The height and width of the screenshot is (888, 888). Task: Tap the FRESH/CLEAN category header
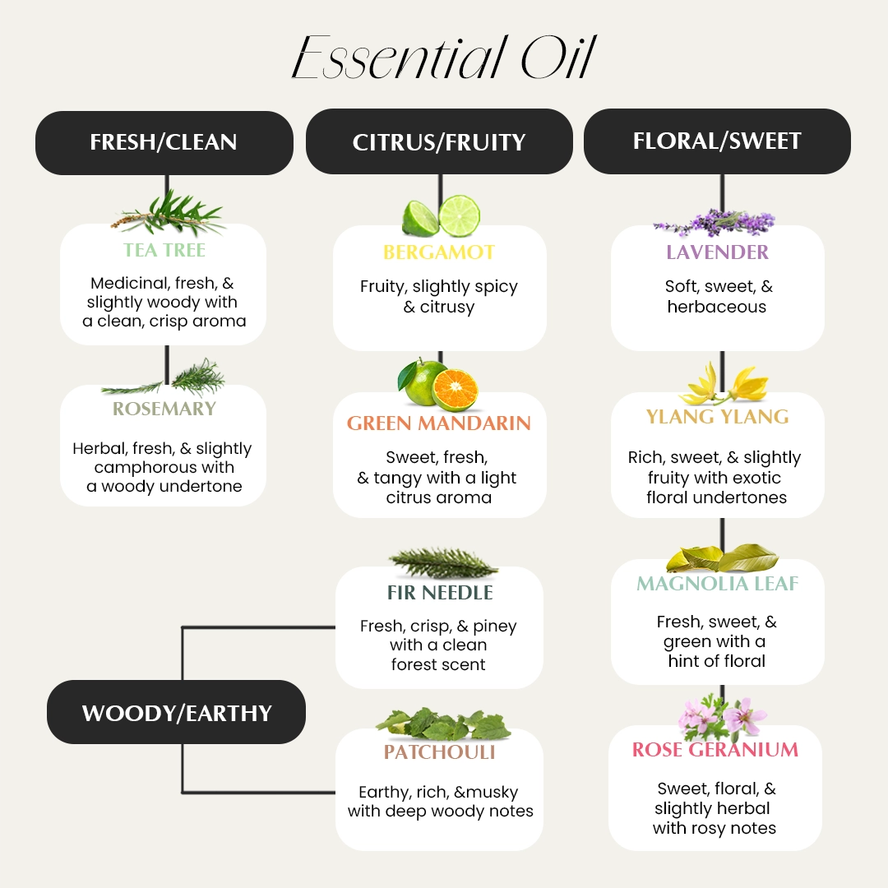point(164,142)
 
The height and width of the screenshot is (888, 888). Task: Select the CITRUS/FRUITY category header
point(439,142)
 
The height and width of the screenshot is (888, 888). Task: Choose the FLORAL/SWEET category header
point(717,141)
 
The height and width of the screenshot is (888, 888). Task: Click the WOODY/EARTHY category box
point(176,712)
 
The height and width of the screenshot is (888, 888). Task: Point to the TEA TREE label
point(164,250)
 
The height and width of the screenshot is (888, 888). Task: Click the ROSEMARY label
point(164,409)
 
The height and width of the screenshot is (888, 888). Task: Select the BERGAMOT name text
point(439,252)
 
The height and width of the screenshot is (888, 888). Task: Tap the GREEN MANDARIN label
point(439,423)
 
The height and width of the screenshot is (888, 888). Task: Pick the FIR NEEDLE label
point(440,592)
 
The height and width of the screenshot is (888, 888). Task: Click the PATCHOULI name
point(439,752)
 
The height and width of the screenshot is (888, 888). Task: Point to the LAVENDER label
point(717,252)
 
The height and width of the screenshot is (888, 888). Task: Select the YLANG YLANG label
point(717,417)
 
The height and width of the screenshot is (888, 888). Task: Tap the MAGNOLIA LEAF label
point(717,584)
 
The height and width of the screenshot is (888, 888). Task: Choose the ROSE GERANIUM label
point(715,750)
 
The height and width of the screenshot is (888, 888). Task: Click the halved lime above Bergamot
point(459,215)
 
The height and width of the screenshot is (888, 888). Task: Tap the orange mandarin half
point(455,389)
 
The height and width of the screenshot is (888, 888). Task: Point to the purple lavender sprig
point(715,222)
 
